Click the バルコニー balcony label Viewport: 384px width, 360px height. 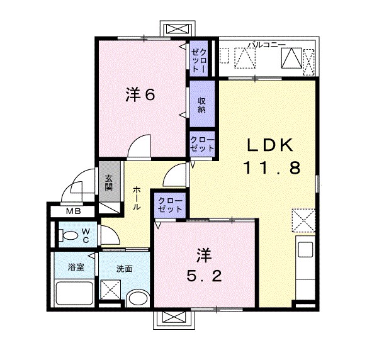coord(266,45)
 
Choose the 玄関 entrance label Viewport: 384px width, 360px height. coord(108,182)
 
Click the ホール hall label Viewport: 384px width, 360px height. coord(137,198)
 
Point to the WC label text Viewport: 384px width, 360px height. coord(86,236)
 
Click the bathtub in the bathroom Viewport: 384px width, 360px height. coord(74,293)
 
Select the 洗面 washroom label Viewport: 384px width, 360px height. coord(123,269)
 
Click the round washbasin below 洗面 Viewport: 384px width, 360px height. coord(137,298)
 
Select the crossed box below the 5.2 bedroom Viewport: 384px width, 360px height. coord(175,318)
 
